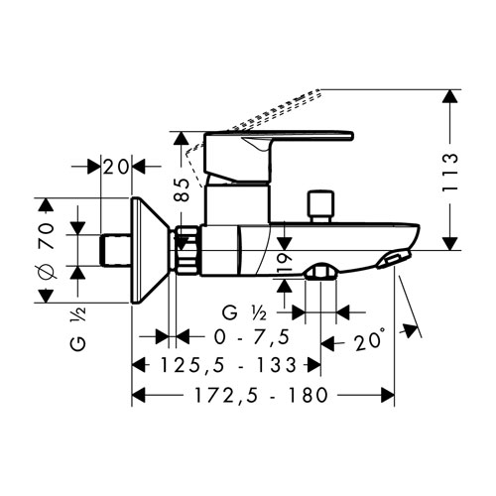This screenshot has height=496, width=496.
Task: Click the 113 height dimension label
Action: pyautogui.click(x=450, y=172)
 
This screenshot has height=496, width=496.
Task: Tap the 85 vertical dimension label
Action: pyautogui.click(x=182, y=189)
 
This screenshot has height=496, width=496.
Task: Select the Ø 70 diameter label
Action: pyautogui.click(x=48, y=250)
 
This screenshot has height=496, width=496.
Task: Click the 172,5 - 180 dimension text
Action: pyautogui.click(x=261, y=395)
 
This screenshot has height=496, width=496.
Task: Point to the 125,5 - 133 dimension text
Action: pyautogui.click(x=228, y=365)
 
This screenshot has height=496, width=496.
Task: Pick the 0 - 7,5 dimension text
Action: pyautogui.click(x=252, y=337)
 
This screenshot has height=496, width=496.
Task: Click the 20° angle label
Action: pyautogui.click(x=370, y=340)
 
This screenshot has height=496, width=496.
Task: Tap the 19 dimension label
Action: pyautogui.click(x=285, y=263)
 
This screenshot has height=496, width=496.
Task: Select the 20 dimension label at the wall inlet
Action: pyautogui.click(x=116, y=167)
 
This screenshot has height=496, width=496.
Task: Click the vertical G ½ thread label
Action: pyautogui.click(x=78, y=328)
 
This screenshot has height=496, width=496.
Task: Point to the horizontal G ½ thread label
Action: pyautogui.click(x=244, y=312)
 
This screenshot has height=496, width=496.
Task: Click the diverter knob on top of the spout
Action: pyautogui.click(x=319, y=206)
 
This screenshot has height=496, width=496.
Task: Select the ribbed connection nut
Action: pyautogui.click(x=187, y=250)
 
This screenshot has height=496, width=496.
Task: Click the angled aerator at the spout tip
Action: pyautogui.click(x=394, y=258)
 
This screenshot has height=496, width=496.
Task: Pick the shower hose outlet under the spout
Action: pyautogui.click(x=320, y=271)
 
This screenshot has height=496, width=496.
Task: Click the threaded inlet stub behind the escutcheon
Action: pyautogui.click(x=115, y=250)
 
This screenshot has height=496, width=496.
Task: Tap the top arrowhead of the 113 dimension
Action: pyautogui.click(x=450, y=96)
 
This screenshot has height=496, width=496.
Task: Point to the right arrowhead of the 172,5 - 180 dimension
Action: pyautogui.click(x=388, y=395)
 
